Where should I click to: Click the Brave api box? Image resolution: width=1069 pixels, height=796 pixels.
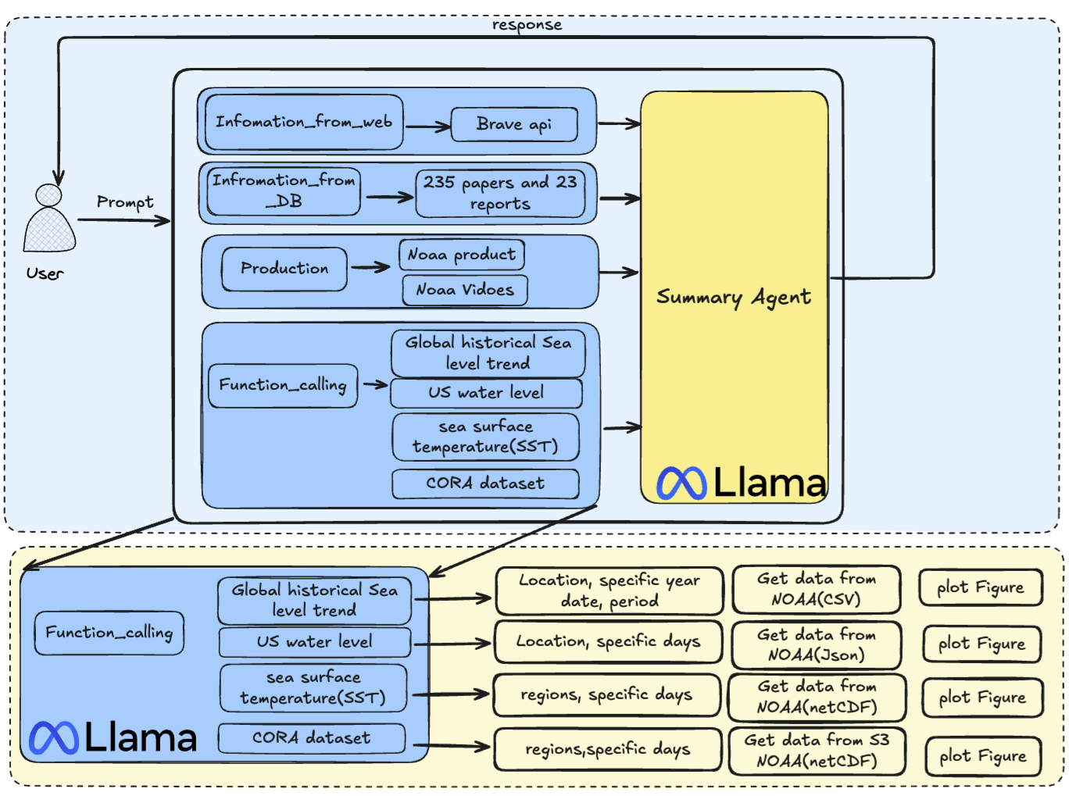pyautogui.click(x=514, y=124)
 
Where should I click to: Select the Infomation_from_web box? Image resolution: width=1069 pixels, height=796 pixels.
pyautogui.click(x=304, y=122)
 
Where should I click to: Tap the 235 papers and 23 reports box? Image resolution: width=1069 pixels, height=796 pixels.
pyautogui.click(x=500, y=193)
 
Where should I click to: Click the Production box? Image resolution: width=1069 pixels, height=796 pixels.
pyautogui.click(x=284, y=269)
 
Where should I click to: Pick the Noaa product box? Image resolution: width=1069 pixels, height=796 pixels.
pyautogui.click(x=461, y=255)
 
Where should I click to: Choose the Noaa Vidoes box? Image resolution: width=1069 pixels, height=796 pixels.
pyautogui.click(x=465, y=290)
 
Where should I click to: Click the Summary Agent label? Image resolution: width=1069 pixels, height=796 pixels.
pyautogui.click(x=734, y=297)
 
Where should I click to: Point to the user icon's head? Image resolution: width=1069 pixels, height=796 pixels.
pyautogui.click(x=48, y=195)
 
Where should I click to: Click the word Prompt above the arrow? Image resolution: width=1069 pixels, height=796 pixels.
pyautogui.click(x=125, y=202)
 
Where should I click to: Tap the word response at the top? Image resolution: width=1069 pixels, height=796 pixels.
pyautogui.click(x=527, y=25)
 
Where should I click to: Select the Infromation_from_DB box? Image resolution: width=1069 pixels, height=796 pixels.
pyautogui.click(x=284, y=191)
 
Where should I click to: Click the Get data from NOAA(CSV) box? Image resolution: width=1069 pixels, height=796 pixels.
pyautogui.click(x=816, y=589)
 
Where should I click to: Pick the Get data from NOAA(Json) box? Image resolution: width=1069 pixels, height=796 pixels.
pyautogui.click(x=816, y=644)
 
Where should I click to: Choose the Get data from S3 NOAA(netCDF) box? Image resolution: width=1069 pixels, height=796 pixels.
pyautogui.click(x=817, y=750)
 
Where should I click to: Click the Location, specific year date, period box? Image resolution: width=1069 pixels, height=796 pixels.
pyautogui.click(x=610, y=591)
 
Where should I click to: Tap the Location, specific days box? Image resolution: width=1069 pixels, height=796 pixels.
pyautogui.click(x=608, y=641)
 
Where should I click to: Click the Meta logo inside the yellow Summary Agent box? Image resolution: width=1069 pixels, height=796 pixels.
pyautogui.click(x=681, y=483)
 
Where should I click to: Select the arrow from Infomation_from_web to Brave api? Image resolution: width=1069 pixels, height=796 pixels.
pyautogui.click(x=427, y=127)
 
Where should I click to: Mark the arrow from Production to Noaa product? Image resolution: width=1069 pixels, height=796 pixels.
pyautogui.click(x=370, y=267)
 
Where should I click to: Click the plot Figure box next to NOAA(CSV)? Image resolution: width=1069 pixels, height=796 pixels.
pyautogui.click(x=980, y=587)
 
